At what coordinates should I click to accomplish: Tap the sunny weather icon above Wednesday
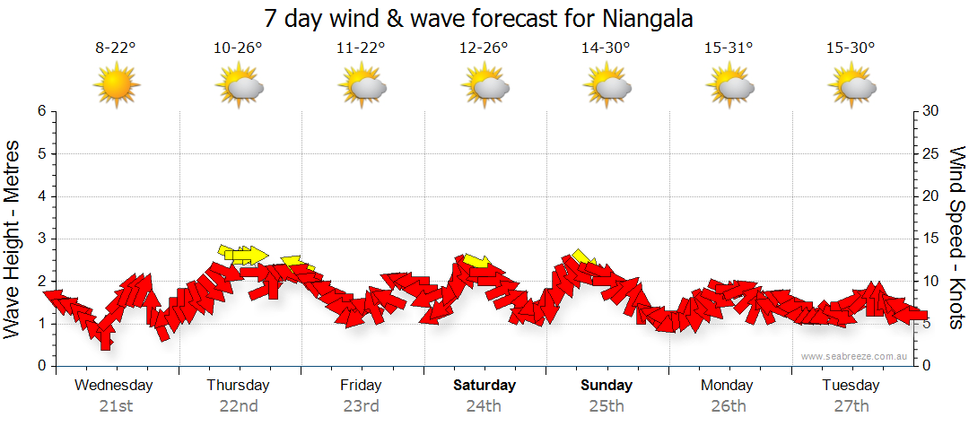116,86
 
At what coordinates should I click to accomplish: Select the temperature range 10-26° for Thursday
238,48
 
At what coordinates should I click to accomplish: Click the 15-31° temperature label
728,48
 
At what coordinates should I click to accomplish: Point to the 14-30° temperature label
606,48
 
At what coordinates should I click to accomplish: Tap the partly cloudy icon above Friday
362,87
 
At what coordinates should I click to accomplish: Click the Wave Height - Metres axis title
13,239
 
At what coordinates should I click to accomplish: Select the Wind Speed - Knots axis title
956,239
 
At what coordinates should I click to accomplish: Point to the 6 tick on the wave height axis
41,111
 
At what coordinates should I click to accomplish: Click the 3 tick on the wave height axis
41,239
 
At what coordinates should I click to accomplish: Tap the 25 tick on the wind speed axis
932,153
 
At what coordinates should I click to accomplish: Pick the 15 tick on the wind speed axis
932,239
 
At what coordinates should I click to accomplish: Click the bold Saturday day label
484,386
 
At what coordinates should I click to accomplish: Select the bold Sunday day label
607,386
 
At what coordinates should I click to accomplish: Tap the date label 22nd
239,406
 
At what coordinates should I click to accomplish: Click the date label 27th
851,406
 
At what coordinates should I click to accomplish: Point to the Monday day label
728,386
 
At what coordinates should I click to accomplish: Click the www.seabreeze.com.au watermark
855,356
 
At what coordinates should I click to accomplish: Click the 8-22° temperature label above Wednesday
116,48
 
